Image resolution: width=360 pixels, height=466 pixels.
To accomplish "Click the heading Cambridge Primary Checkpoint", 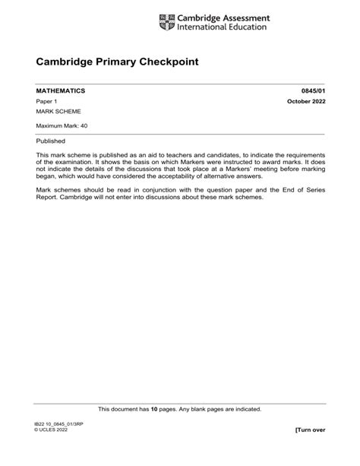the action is pyautogui.click(x=118, y=61).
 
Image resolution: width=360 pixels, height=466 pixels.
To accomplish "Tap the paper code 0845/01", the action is pyautogui.click(x=311, y=90).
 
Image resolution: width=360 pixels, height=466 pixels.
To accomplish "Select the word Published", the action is pyautogui.click(x=51, y=141).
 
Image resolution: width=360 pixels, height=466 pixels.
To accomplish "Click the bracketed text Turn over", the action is pyautogui.click(x=310, y=430).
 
